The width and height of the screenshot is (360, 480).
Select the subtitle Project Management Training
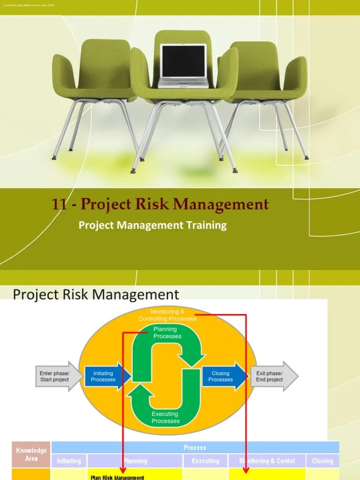pos(152,225)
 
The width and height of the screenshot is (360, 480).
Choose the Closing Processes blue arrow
pos(222,376)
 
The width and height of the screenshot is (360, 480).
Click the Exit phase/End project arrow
pos(272,376)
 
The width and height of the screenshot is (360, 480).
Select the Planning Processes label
pos(167,333)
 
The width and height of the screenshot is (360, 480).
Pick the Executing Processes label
pos(165,417)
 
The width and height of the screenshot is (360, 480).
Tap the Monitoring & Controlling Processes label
pos(167,315)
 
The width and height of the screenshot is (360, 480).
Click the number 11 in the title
pos(59,205)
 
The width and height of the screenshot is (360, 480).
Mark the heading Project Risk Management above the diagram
pos(96,294)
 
